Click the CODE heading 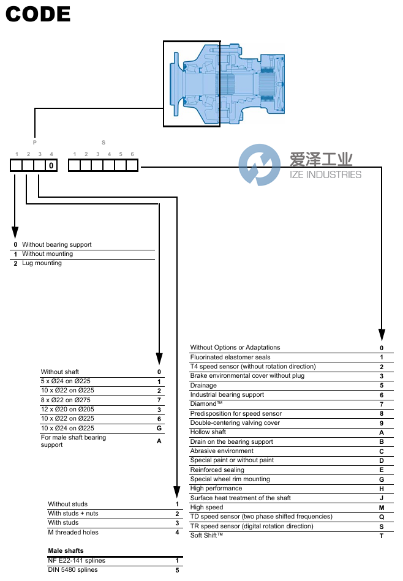click(x=38, y=14)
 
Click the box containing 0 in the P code click(x=51, y=165)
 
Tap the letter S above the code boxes click(x=103, y=141)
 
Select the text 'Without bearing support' click(x=57, y=244)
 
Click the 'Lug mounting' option click(x=42, y=263)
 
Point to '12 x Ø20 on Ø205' click(x=69, y=409)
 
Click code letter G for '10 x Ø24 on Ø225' click(x=159, y=428)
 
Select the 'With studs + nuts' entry click(x=73, y=514)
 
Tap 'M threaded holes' click(x=73, y=533)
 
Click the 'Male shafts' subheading click(x=66, y=551)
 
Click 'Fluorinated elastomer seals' click(x=230, y=357)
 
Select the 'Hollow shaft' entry click(x=208, y=432)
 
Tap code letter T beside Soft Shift click(x=382, y=536)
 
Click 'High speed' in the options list click(x=206, y=508)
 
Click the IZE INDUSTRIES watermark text click(x=325, y=174)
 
